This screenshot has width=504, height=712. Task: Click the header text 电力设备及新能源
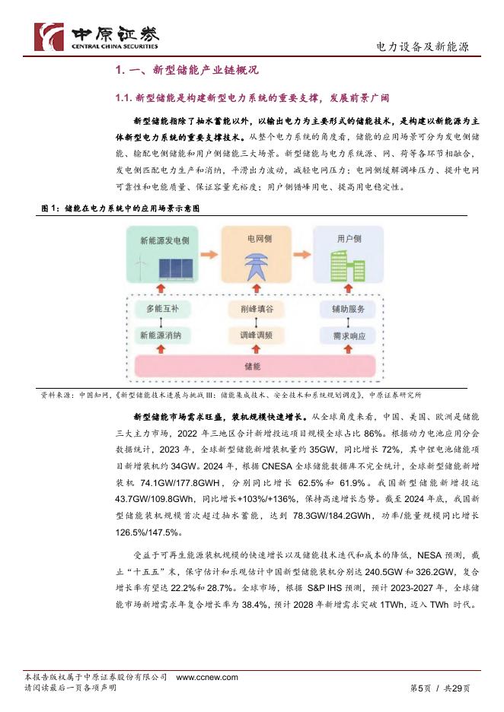pyautogui.click(x=423, y=47)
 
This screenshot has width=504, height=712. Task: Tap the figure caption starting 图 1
pyautogui.click(x=121, y=208)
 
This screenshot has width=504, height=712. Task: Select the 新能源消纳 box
pyautogui.click(x=164, y=335)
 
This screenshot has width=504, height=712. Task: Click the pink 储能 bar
pyautogui.click(x=252, y=366)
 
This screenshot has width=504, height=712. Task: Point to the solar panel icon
pyautogui.click(x=175, y=268)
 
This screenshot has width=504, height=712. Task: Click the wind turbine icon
pyautogui.click(x=140, y=265)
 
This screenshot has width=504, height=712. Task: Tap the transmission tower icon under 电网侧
pyautogui.click(x=251, y=263)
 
